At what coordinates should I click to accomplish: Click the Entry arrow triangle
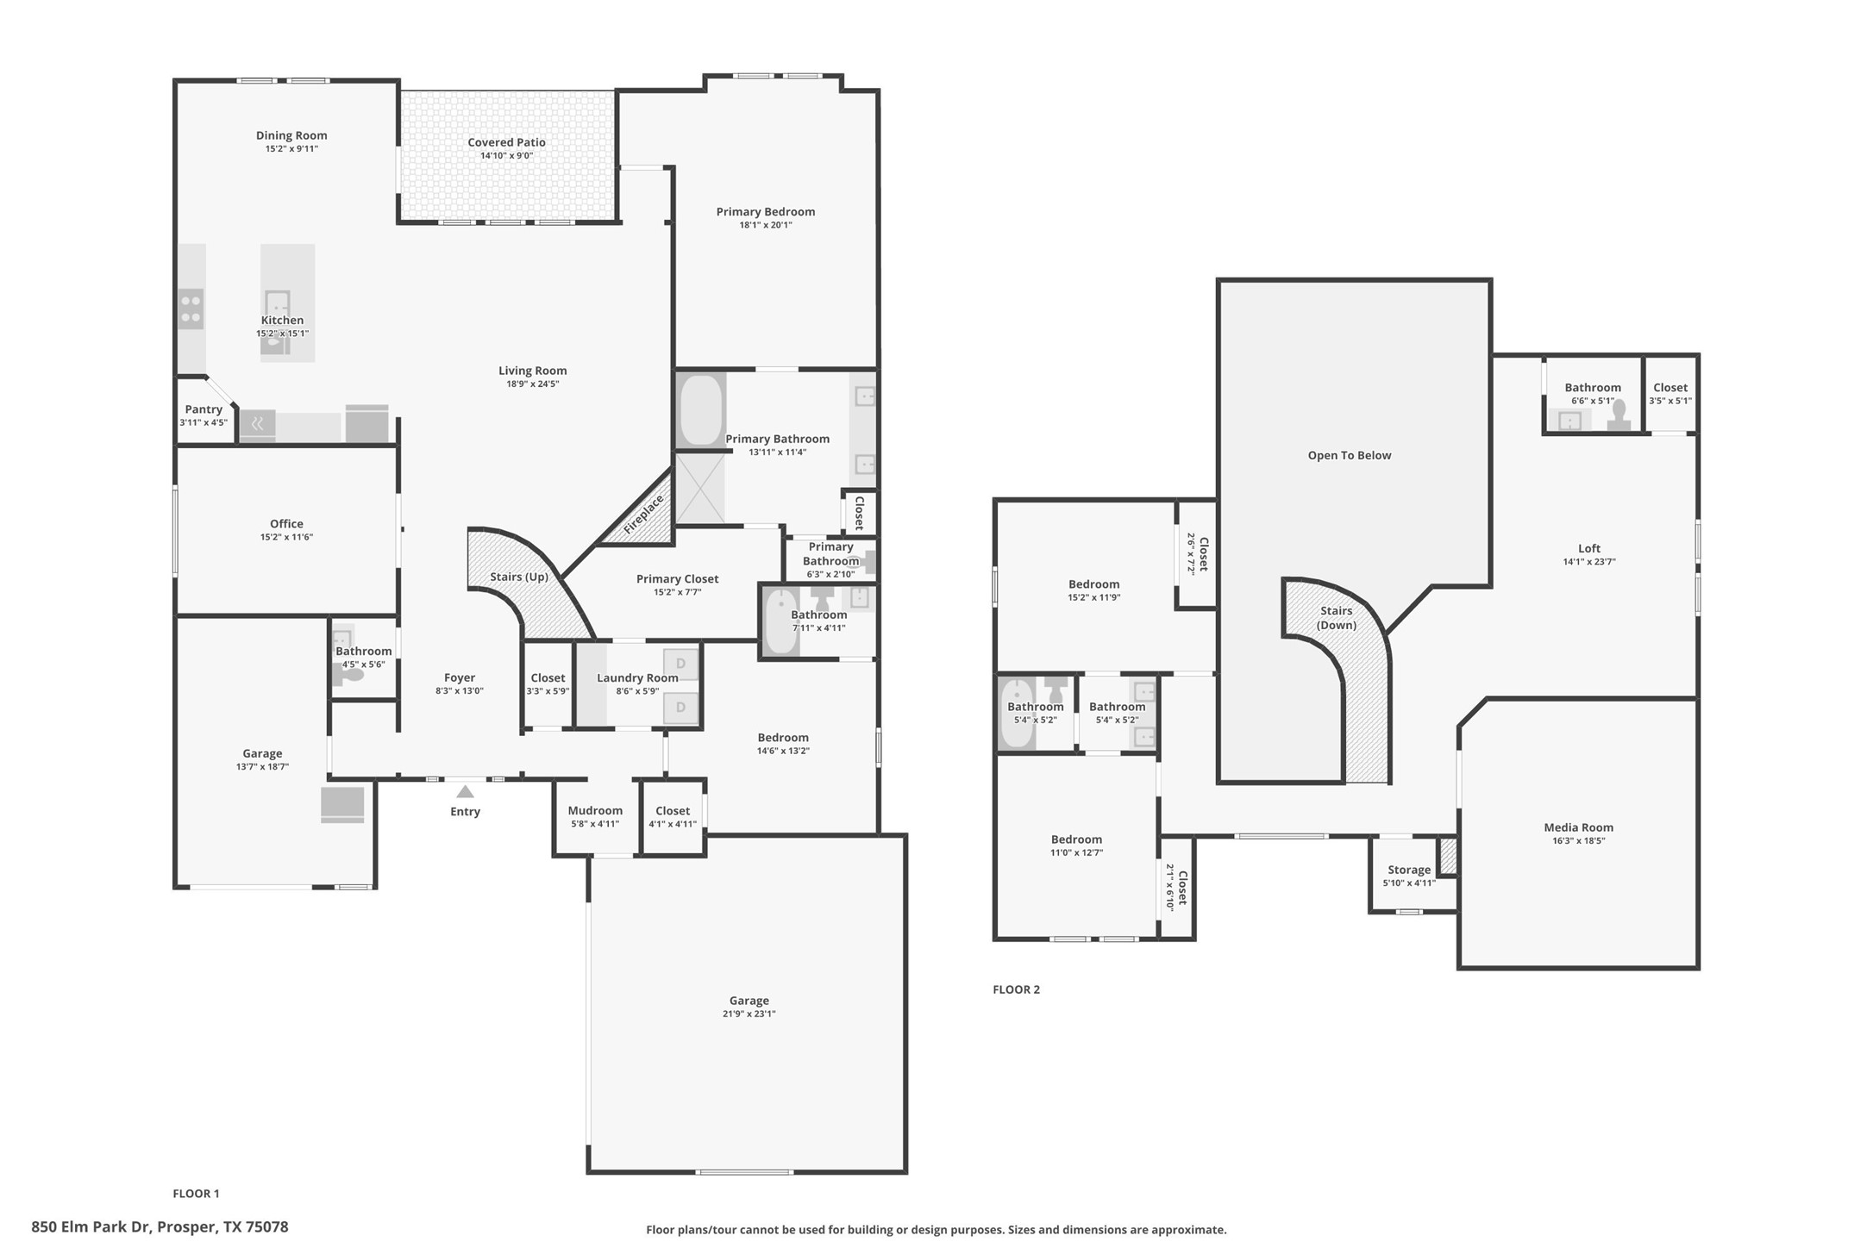pos(465,791)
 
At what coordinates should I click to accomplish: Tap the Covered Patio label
pos(506,142)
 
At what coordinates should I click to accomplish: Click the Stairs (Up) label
pos(519,577)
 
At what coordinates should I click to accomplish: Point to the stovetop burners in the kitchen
pos(191,309)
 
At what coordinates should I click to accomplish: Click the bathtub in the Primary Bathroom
pos(700,410)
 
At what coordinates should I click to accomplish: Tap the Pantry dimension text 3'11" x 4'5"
pos(204,422)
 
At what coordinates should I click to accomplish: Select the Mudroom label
pos(595,810)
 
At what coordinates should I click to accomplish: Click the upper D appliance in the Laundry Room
pos(680,664)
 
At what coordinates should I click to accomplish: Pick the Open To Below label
pos(1349,455)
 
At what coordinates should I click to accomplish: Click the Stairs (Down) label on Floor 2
pos(1336,617)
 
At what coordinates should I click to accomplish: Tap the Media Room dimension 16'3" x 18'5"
pos(1578,840)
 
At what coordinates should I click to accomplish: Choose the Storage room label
pos(1409,870)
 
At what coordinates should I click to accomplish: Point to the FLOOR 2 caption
pos(1016,989)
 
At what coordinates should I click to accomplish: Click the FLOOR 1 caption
pos(196,1194)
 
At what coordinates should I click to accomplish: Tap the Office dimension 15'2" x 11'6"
pos(286,537)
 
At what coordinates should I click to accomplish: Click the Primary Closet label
pos(677,579)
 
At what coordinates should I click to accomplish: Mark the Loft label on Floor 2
pos(1588,548)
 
